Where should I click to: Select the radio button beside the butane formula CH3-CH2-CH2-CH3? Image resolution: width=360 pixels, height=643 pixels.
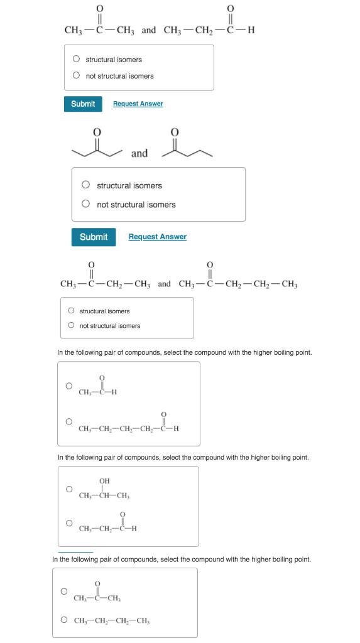coord(64,620)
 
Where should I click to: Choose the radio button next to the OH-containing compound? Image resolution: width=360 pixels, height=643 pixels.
coord(69,489)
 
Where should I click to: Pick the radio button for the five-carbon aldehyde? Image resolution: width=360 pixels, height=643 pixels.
coord(69,421)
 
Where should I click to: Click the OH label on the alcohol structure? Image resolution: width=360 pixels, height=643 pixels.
coord(104,481)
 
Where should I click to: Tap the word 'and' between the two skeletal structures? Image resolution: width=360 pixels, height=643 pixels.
coord(139,153)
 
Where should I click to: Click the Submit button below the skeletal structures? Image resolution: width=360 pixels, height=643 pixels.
coord(94,237)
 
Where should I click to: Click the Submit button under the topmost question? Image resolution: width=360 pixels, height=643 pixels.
coord(83,104)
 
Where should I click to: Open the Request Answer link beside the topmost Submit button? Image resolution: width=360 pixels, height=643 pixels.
coord(138,104)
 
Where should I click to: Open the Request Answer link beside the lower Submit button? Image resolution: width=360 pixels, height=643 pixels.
coord(157,237)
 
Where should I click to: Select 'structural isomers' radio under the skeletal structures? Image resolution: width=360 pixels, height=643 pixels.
coord(85,185)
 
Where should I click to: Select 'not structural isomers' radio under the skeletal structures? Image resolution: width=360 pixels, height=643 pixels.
coord(85,204)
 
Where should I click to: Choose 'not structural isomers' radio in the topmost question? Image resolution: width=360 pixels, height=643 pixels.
coord(76,76)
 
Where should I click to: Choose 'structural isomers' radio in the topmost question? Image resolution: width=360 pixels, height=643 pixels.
coord(76,60)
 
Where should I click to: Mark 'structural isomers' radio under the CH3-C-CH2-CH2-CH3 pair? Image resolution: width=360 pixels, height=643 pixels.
coord(71,311)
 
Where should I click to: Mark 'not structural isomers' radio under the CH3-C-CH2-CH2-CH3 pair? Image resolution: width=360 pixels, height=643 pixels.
coord(71,325)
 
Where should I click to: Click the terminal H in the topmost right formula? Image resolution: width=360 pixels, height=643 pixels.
coord(251,30)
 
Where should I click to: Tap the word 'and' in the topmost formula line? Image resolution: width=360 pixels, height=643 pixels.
coord(149,30)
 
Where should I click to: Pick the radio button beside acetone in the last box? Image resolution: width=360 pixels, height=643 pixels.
coord(64,592)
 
